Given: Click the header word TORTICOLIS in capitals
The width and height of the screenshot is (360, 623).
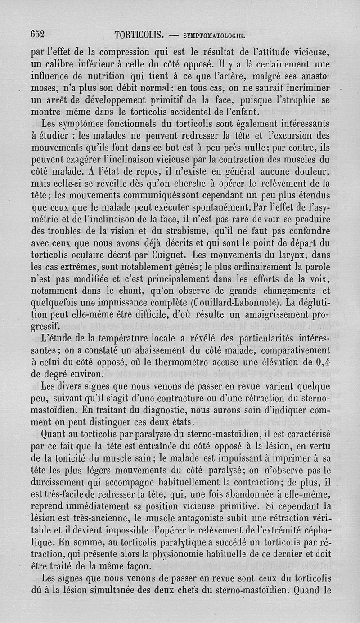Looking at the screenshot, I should click(x=140, y=34).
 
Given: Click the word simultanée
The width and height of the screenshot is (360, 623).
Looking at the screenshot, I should click(x=144, y=589).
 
